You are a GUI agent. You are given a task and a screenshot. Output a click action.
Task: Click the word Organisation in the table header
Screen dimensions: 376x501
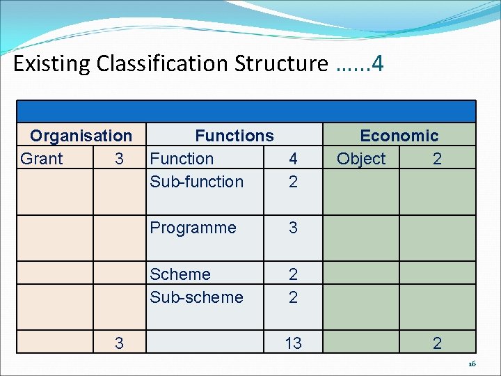point(81,136)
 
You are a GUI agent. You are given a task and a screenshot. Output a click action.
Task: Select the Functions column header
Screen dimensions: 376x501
point(234,136)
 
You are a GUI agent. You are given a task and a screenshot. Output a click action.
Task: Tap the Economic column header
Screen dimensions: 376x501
point(399,136)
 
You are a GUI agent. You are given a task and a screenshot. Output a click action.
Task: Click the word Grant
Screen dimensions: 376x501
point(42,159)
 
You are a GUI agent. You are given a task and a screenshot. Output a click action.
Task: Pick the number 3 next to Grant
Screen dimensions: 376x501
point(119,159)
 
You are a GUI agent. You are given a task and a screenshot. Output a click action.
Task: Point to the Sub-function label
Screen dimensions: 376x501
point(196,182)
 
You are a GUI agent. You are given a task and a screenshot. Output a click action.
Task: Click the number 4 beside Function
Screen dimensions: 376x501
point(293,159)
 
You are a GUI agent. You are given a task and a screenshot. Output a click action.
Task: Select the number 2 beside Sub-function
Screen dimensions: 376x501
point(293,182)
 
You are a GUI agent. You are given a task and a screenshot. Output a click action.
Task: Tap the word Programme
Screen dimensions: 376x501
point(193,228)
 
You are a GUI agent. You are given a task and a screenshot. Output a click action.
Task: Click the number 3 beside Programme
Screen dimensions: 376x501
point(293,228)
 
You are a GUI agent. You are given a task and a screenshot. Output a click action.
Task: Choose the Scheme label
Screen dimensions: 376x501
point(180,274)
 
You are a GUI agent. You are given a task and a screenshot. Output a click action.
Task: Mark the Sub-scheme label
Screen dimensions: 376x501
point(196,297)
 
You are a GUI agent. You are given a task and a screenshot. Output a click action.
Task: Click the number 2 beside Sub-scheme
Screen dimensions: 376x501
point(293,297)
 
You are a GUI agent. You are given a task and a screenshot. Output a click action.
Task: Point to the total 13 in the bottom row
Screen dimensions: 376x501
point(293,343)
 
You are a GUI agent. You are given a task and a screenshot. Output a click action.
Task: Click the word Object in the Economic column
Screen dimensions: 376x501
point(360,159)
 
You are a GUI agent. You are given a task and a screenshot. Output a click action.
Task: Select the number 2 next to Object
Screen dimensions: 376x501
point(437,159)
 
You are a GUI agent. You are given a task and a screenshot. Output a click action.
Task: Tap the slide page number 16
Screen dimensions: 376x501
point(471,364)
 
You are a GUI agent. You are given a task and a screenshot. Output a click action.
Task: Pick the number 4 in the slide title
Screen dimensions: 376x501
point(378,64)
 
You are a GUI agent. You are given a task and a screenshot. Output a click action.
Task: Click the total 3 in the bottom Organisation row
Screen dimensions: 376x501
point(119,343)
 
